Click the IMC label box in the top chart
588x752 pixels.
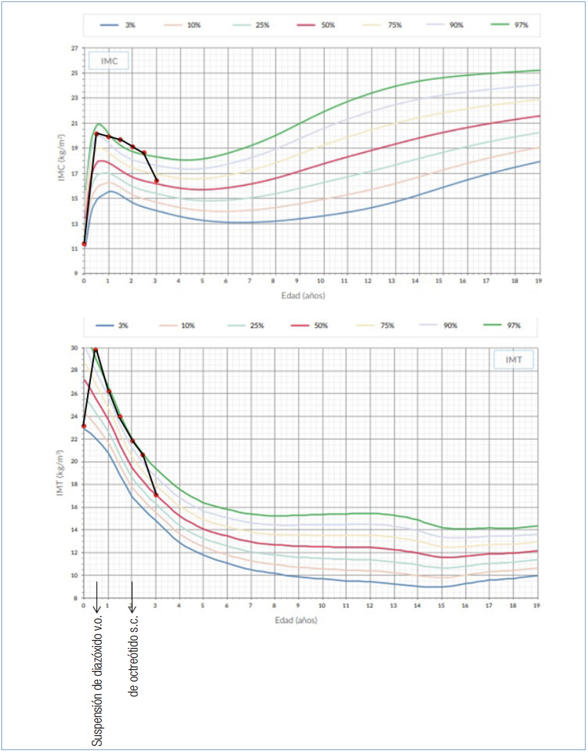pyautogui.click(x=108, y=61)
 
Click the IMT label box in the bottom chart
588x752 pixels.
pyautogui.click(x=513, y=359)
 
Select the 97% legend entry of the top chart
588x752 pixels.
pyautogui.click(x=509, y=24)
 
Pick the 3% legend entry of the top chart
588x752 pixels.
pyautogui.click(x=118, y=25)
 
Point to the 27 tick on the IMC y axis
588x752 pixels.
pyautogui.click(x=74, y=48)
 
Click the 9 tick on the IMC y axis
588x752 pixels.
pyautogui.click(x=76, y=273)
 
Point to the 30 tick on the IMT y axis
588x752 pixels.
pyautogui.click(x=74, y=347)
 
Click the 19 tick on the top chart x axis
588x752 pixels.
pyautogui.click(x=538, y=281)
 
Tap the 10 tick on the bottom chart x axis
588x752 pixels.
pyautogui.click(x=321, y=605)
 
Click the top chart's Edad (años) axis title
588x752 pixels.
pyautogui.click(x=303, y=295)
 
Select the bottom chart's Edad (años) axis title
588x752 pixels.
pyautogui.click(x=296, y=620)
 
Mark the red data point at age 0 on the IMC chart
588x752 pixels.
pyautogui.click(x=84, y=244)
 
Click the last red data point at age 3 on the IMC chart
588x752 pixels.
pyautogui.click(x=156, y=181)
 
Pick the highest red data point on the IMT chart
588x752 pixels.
pyautogui.click(x=95, y=349)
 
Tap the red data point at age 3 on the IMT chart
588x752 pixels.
pyautogui.click(x=156, y=495)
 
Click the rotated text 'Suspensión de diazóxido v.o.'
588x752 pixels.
pyautogui.click(x=97, y=680)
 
